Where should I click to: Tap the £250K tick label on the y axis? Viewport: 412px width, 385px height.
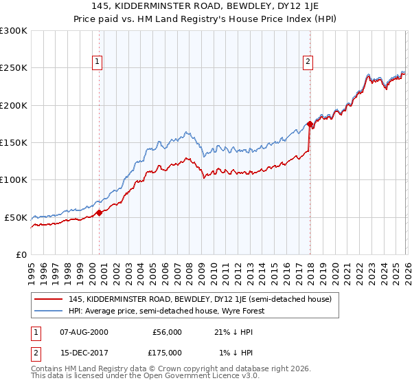coord(14,68)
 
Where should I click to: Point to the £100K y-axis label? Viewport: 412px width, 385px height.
coord(14,179)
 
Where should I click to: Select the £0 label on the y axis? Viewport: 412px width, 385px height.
coord(21,254)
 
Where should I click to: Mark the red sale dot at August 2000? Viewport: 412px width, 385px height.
coord(99,212)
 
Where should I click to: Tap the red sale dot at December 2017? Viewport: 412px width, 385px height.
coord(310,124)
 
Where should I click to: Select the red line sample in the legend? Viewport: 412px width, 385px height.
coord(48,299)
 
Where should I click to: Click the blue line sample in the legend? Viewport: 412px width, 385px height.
coord(48,311)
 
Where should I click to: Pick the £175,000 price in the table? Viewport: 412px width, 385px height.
coord(167,353)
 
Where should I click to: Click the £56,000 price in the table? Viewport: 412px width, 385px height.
coord(167,332)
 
